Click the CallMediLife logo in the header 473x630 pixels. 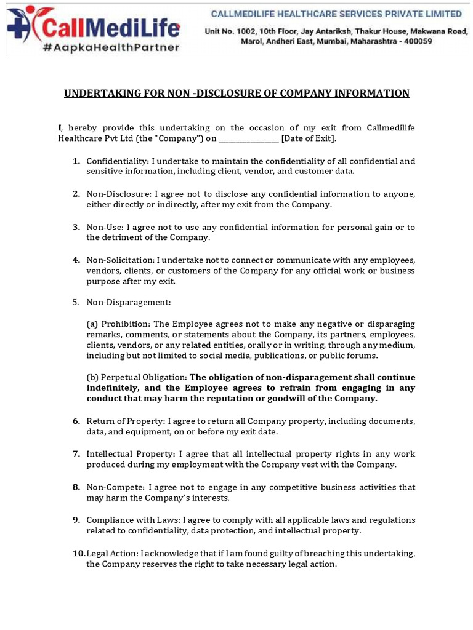click(x=92, y=26)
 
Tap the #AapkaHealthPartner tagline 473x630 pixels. click(x=111, y=47)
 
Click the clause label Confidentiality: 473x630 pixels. click(x=113, y=161)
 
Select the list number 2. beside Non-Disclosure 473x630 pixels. click(x=76, y=194)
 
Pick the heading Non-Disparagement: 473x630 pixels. click(x=128, y=303)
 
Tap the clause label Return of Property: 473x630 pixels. click(x=126, y=421)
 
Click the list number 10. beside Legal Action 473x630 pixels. click(x=79, y=554)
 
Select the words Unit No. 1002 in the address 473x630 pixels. click(x=235, y=30)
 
